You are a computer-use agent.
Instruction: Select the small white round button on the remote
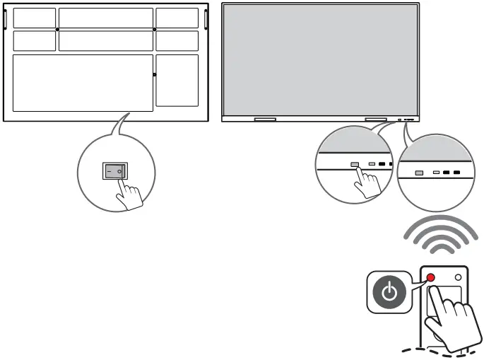point(458,277)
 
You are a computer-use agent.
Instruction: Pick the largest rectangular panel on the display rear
point(83,83)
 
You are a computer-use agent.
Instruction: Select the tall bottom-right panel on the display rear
point(177,80)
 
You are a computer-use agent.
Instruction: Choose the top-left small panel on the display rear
point(34,18)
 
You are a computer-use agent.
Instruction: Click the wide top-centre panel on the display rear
point(105,18)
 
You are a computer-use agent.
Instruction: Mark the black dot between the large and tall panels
point(155,74)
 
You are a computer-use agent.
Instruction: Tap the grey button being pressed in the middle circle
point(355,164)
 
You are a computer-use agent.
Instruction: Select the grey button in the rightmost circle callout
point(419,172)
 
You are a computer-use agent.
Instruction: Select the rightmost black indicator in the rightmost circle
point(457,172)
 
